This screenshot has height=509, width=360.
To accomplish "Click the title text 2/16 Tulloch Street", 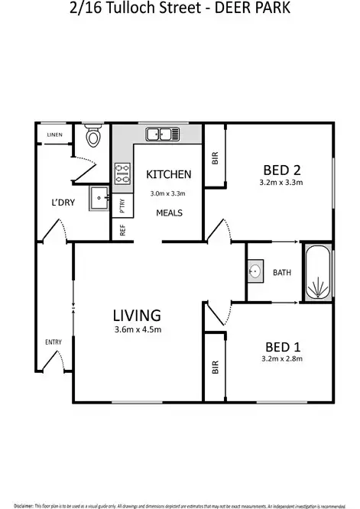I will tap(115, 10).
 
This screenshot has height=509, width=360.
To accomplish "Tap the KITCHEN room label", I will tap(168, 175).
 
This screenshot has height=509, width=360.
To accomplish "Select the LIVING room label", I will tap(137, 314).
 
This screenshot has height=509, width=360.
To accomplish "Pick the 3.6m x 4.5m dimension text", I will tap(137, 330).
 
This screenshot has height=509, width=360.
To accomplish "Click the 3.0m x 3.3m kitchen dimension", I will tap(168, 194).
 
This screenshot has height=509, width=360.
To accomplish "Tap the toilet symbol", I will tap(93, 138).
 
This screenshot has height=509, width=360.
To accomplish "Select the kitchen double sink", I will tap(163, 135).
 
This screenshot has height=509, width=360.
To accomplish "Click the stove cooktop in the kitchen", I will tap(123, 174).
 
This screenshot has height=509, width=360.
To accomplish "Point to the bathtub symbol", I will tap(316, 273).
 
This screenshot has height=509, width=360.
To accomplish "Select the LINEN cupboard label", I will tap(54, 135).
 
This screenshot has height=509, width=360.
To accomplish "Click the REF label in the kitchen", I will tap(122, 229).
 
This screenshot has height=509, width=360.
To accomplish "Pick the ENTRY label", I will tap(54, 342).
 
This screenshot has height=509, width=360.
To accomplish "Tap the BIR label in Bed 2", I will tap(216, 158).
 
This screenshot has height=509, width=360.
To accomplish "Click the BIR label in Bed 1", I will tap(216, 367).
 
